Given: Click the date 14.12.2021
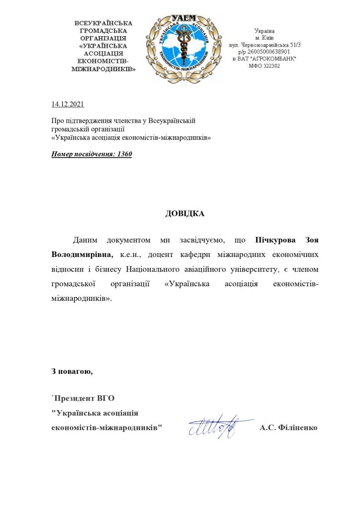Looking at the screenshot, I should pos(68,104).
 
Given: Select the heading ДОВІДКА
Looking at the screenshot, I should pos(184,214).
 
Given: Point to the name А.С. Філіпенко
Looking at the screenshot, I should pos(288,427).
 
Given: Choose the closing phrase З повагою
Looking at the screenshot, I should pos(72,371).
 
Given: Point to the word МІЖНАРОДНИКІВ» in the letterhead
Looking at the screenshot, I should pos(104,69).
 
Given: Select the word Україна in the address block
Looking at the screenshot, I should pos(264,30).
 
